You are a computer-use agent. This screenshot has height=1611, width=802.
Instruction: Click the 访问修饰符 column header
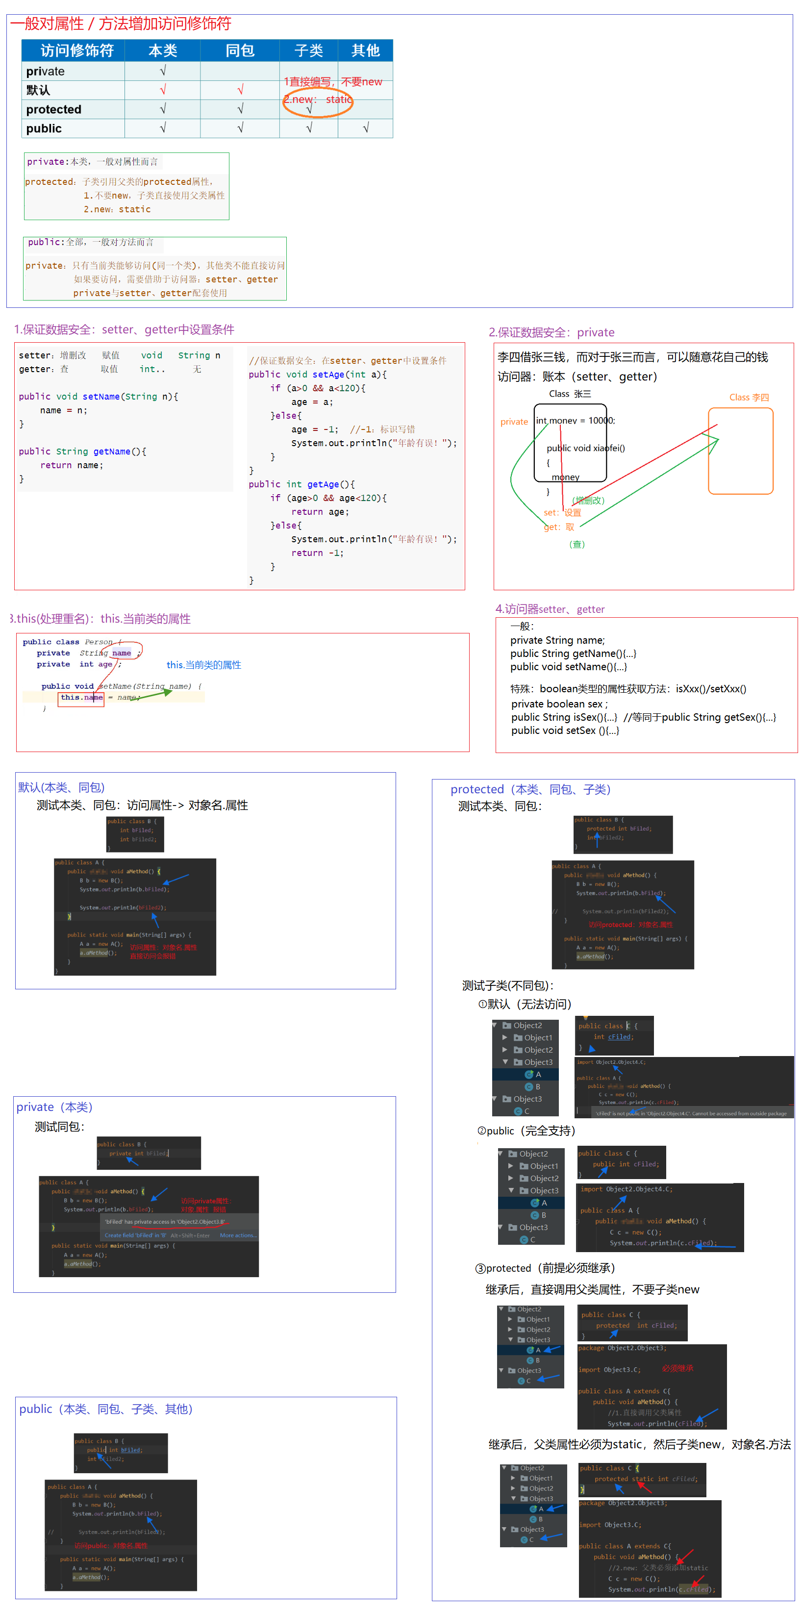coord(76,50)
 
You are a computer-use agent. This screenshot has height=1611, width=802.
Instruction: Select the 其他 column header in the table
coord(365,50)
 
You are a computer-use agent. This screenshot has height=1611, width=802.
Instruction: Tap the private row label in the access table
coord(46,71)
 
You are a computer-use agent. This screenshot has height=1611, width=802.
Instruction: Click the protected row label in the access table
coord(54,109)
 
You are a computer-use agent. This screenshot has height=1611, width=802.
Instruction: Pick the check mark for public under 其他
coord(366,128)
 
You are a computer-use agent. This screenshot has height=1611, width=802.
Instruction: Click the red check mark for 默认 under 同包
coord(240,90)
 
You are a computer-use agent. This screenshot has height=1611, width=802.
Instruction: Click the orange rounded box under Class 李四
coord(740,451)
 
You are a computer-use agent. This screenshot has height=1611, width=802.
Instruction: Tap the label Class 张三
coord(570,394)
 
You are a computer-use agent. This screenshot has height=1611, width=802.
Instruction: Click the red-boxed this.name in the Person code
coord(80,698)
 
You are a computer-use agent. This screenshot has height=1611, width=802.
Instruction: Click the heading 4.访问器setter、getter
coord(550,609)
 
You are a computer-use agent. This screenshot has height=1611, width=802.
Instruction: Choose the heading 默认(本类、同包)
coord(61,787)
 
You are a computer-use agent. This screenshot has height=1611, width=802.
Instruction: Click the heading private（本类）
coord(54,1107)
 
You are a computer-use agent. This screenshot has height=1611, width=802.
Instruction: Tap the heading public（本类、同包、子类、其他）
coord(105,1409)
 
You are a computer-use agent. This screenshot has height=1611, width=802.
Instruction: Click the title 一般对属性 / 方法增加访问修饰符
coord(120,24)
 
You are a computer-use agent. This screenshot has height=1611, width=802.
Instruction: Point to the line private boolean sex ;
coord(559,704)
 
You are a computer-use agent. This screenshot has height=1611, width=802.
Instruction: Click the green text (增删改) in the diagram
coord(588,500)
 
